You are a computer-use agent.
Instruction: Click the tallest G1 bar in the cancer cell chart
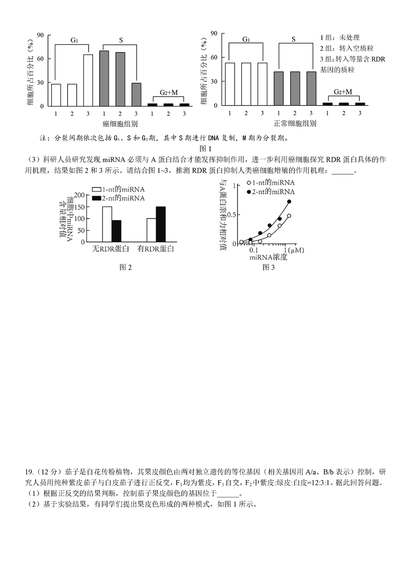[88, 80]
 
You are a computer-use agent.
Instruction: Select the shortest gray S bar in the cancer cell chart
[136, 94]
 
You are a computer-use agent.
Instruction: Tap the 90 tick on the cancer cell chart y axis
[40, 35]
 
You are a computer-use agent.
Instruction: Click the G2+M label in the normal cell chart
[342, 92]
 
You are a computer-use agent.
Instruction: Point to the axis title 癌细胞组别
[120, 124]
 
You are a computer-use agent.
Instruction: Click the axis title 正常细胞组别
[295, 123]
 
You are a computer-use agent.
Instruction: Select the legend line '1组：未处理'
[340, 37]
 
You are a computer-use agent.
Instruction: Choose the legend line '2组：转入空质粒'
[347, 48]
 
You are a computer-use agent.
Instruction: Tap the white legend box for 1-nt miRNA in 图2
[96, 189]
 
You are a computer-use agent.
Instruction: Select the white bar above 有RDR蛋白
[151, 230]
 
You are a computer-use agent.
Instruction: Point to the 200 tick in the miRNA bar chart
[79, 195]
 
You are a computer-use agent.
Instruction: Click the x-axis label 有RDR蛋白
[156, 249]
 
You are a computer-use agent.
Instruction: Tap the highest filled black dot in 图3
[289, 201]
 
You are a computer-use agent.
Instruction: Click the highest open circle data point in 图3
[289, 216]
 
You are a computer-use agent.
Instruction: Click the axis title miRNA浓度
[268, 257]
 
